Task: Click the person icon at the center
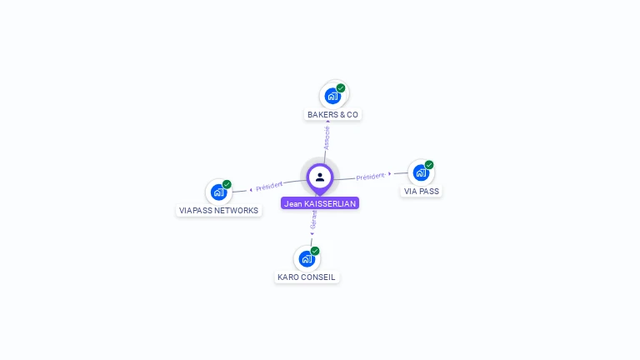320,177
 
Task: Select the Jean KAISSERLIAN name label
320,203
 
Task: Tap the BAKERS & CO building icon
332,96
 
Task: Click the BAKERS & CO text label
332,114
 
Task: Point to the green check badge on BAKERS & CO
341,87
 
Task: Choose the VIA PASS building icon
421,172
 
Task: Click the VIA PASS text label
422,191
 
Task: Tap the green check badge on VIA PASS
429,165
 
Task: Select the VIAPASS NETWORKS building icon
218,192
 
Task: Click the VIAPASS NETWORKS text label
219,211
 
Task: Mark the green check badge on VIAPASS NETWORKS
227,184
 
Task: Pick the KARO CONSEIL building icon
307,258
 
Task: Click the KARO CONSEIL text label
307,277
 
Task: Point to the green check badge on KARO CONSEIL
315,251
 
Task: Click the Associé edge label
327,137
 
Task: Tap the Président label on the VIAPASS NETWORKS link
269,186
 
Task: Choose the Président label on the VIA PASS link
371,176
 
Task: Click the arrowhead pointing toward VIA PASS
390,173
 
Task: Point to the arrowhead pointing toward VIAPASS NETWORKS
250,189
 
